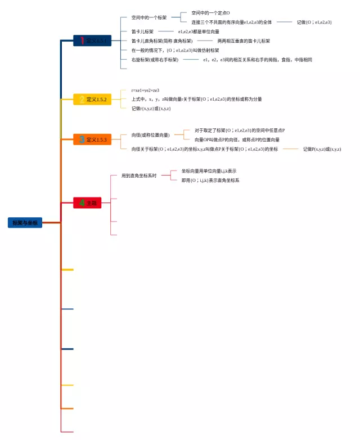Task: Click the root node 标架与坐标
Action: (25, 223)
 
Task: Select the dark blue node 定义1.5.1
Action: (92, 41)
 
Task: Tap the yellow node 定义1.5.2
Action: (92, 100)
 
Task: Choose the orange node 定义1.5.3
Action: (92, 139)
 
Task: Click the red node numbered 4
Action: (87, 203)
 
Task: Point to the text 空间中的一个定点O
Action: (210, 13)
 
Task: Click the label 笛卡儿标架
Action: (142, 32)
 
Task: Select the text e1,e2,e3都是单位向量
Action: (199, 32)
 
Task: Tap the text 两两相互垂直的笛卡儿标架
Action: (244, 41)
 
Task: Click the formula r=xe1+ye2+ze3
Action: (145, 90)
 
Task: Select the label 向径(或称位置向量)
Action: (150, 135)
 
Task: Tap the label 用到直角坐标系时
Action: (139, 176)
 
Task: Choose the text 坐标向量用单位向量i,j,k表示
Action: (209, 170)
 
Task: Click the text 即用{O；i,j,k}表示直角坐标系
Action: (210, 181)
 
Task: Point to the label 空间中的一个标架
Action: (148, 17)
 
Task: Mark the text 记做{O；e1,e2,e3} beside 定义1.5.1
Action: (314, 22)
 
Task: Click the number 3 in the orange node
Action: (82, 139)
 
